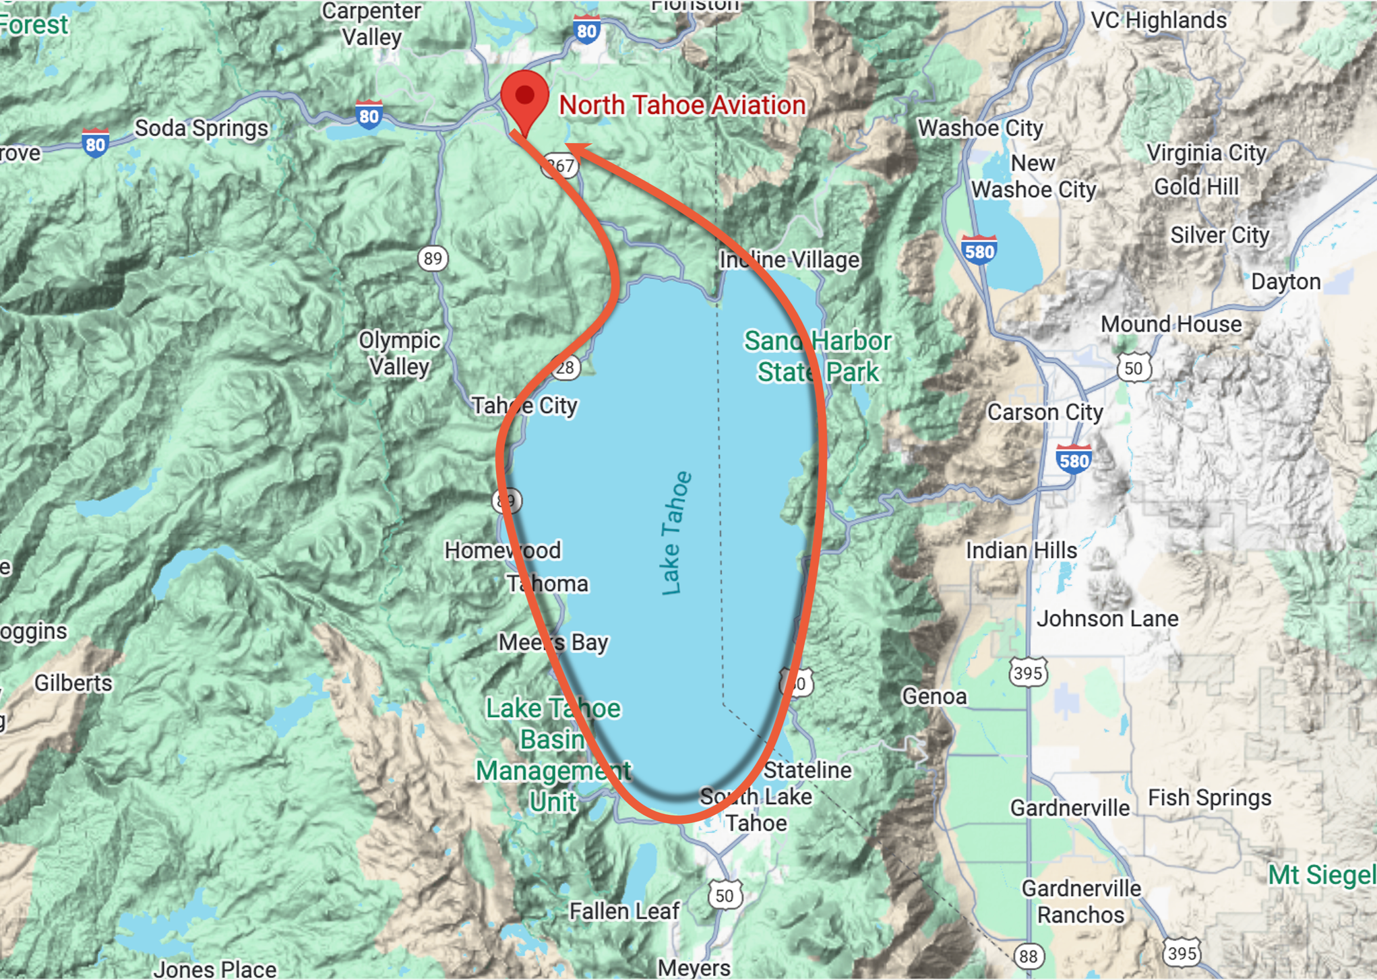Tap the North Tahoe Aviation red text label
(682, 106)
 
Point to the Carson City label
(1045, 412)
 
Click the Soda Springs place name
(202, 128)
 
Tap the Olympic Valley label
(399, 353)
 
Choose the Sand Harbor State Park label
(818, 357)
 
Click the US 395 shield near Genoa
(1027, 673)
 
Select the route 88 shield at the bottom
(1028, 956)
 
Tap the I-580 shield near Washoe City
(979, 251)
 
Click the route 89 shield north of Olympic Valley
(433, 259)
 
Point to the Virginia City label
(1206, 153)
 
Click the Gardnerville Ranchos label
(1081, 902)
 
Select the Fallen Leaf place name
(624, 911)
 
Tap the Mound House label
(1171, 324)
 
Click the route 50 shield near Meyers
(725, 895)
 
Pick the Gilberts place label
(73, 683)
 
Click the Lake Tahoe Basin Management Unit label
(553, 755)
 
